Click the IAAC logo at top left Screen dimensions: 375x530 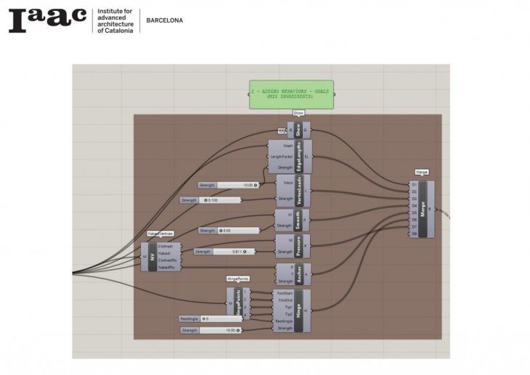click(x=48, y=20)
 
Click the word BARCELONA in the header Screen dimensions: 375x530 click(x=165, y=20)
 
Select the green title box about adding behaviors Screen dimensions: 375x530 click(x=291, y=94)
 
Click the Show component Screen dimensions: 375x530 click(x=298, y=131)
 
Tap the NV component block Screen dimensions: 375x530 click(x=152, y=257)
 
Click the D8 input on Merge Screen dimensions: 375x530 click(x=415, y=234)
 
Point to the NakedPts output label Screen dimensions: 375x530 click(x=166, y=268)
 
